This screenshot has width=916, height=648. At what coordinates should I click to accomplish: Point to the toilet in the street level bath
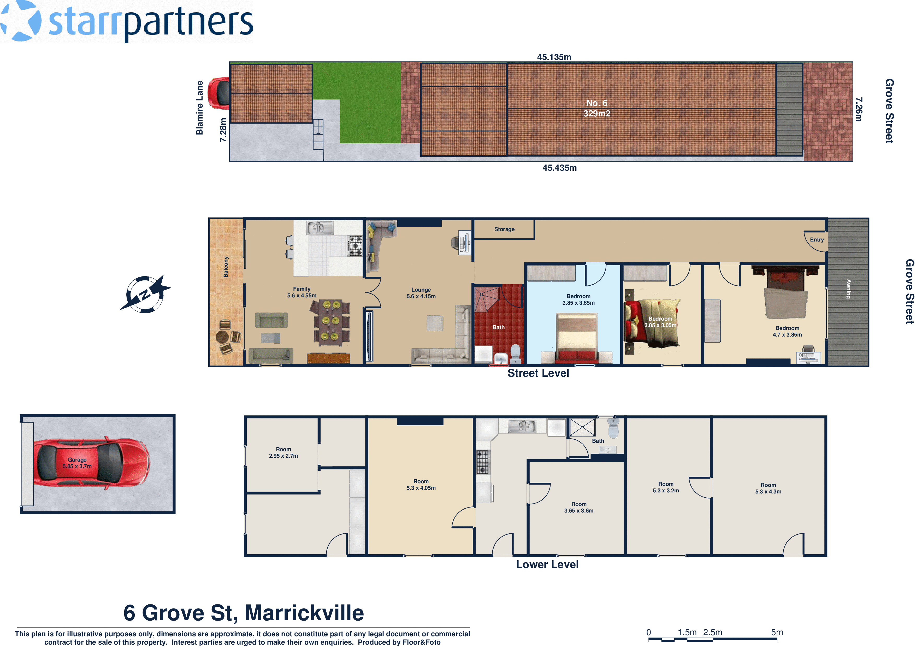516,353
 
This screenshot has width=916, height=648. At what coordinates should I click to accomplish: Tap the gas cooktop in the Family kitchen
355,245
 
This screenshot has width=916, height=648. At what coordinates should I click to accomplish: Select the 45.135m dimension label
554,57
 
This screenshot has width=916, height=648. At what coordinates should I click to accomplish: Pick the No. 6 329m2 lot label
596,108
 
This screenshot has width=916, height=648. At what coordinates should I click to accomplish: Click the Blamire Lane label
199,108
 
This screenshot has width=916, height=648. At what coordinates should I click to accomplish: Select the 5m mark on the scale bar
776,632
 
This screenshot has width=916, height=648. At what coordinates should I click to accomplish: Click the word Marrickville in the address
304,613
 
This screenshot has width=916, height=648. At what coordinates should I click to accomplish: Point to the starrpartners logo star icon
21,21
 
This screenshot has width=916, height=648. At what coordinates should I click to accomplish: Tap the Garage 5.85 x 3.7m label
77,463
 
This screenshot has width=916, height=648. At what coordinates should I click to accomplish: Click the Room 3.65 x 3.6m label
578,507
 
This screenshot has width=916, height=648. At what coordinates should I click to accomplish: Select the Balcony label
226,267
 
